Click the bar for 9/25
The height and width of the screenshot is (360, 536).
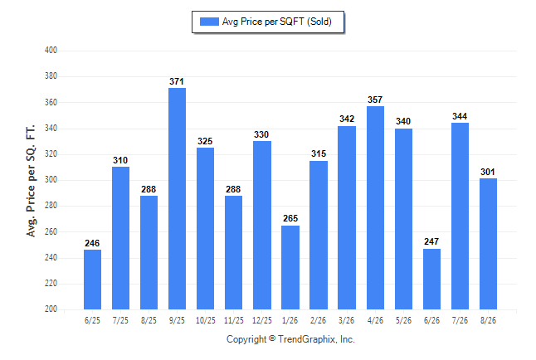[177, 198]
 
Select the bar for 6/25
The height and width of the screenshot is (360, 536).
[92, 280]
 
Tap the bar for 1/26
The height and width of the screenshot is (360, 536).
[290, 267]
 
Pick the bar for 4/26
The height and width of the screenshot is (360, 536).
[375, 208]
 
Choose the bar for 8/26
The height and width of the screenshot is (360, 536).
[488, 244]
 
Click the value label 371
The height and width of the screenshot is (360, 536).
[177, 81]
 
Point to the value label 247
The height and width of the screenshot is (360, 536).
[431, 241]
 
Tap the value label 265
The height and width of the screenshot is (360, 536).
[290, 218]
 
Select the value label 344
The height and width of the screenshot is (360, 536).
[460, 116]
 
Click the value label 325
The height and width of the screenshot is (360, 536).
[205, 141]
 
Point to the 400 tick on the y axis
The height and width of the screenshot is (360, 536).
[51, 51]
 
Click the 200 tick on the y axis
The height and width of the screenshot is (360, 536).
[51, 309]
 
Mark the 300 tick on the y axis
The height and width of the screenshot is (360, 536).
[51, 180]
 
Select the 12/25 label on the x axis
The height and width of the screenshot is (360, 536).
[262, 321]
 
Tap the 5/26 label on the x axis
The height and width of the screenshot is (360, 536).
[403, 321]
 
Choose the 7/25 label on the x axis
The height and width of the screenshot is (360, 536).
[120, 321]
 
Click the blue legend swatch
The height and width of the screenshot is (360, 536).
[209, 22]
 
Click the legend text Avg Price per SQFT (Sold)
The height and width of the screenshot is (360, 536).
[277, 22]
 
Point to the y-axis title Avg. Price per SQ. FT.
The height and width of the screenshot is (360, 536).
[31, 181]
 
